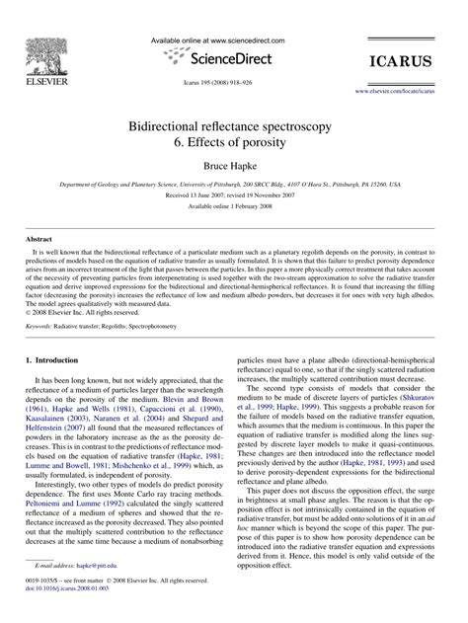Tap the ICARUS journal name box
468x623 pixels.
(x=416, y=61)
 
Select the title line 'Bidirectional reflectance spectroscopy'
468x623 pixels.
(x=234, y=127)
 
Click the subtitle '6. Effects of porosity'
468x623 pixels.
(x=234, y=144)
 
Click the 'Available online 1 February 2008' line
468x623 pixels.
(x=234, y=205)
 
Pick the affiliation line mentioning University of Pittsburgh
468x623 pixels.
(x=234, y=184)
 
